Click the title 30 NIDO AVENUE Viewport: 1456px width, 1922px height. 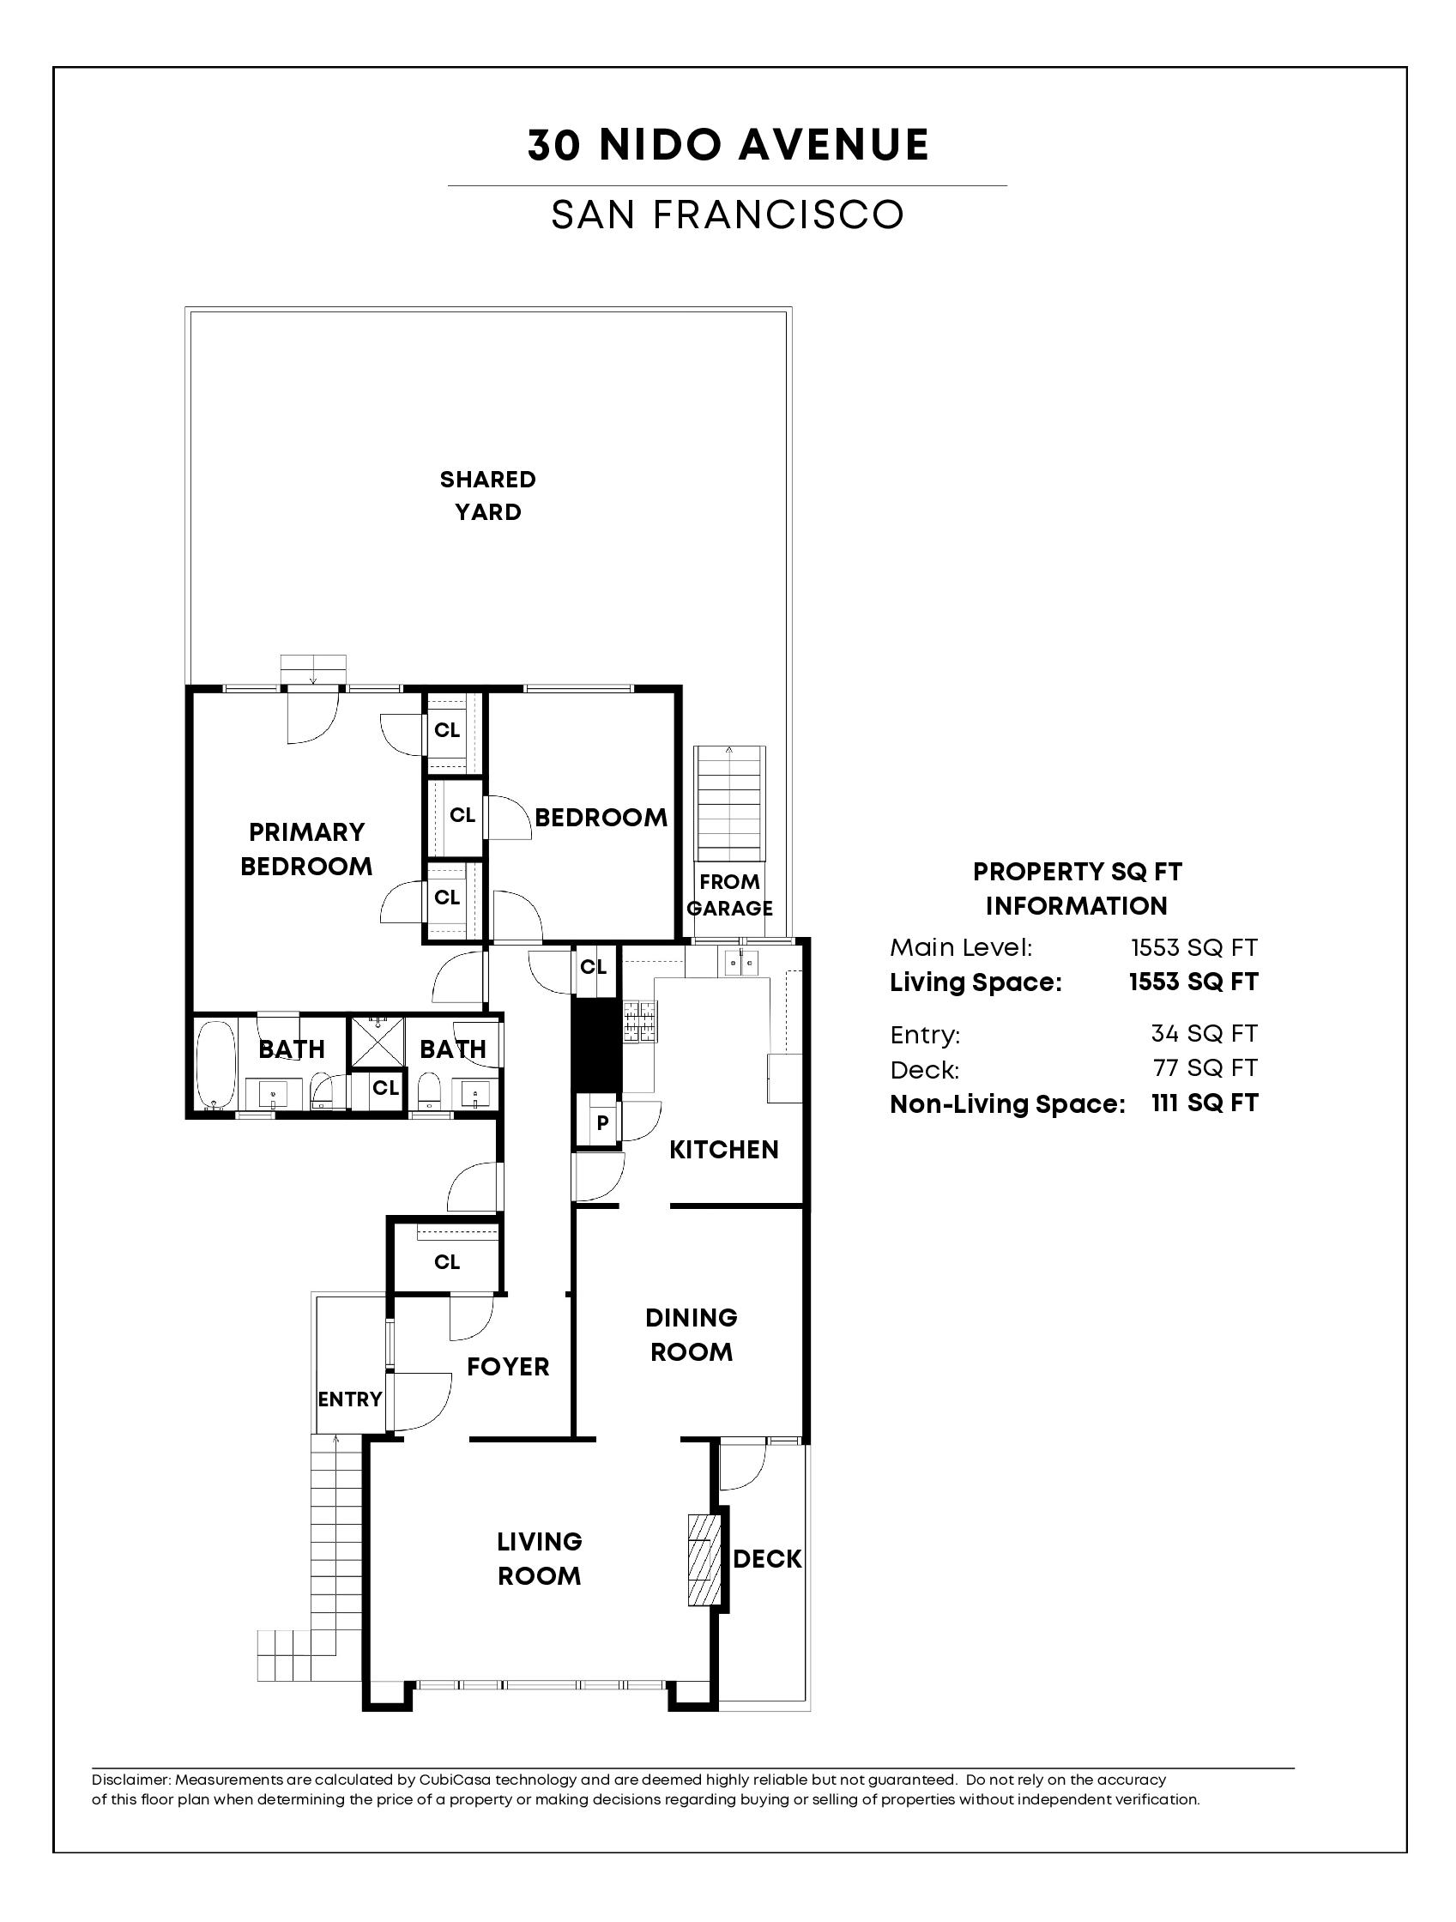click(728, 145)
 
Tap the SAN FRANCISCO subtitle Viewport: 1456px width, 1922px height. click(728, 215)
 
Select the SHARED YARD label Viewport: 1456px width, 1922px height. click(488, 495)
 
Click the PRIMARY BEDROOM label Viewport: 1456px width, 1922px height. click(306, 849)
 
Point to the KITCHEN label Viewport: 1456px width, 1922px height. click(723, 1150)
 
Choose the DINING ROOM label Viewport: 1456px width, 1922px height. click(692, 1334)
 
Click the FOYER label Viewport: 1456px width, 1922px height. click(508, 1367)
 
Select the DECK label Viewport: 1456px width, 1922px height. click(767, 1559)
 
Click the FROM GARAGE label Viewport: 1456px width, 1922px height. click(730, 895)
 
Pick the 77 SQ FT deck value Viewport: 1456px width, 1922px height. click(1204, 1068)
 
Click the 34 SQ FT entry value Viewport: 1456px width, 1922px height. click(1204, 1033)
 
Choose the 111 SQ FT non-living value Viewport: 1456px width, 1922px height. click(1205, 1103)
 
